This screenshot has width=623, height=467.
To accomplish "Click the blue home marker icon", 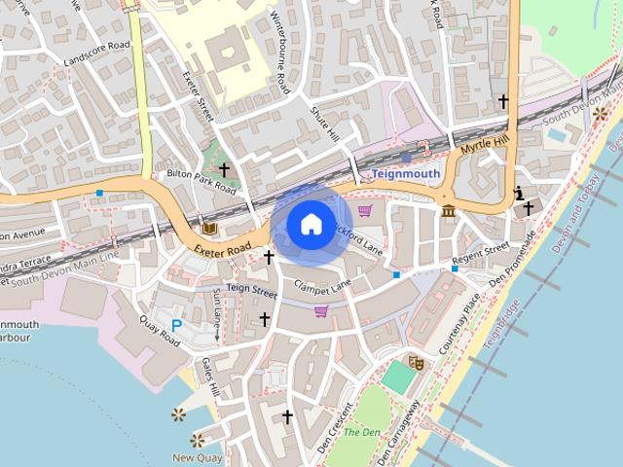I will [310, 225].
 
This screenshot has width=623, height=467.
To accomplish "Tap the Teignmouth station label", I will [405, 174].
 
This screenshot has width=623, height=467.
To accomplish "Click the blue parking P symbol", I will [177, 325].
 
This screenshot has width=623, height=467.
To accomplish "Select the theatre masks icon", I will [416, 363].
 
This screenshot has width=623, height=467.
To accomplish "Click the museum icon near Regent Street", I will [448, 210].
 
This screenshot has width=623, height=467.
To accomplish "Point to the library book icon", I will [209, 229].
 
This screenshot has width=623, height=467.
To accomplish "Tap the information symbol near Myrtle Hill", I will [518, 192].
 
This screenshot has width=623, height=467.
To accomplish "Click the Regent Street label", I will [481, 257].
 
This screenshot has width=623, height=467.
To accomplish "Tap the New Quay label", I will [198, 457].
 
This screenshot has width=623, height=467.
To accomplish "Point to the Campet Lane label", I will [322, 287].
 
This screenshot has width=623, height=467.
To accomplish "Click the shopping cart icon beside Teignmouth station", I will [365, 210].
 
